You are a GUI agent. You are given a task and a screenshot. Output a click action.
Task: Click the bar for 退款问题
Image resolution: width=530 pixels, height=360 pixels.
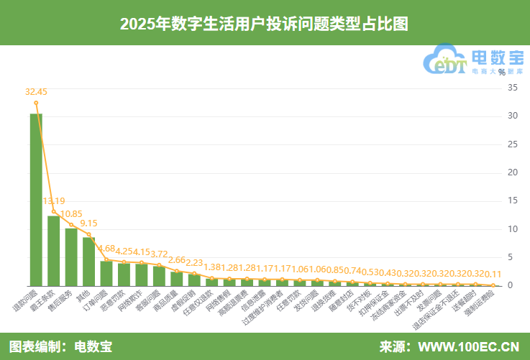tap(36, 200)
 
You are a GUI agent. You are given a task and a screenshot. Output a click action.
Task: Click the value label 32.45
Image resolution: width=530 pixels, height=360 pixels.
tap(36, 92)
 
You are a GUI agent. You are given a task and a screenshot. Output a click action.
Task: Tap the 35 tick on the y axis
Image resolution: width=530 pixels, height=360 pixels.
tap(512, 88)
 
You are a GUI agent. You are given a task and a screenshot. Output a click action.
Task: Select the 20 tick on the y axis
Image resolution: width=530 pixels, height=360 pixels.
tap(512, 172)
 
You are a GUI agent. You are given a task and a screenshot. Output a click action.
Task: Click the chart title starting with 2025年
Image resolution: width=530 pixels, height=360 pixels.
tap(265, 23)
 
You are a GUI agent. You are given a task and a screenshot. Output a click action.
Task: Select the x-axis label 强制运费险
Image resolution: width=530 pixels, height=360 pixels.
tap(482, 305)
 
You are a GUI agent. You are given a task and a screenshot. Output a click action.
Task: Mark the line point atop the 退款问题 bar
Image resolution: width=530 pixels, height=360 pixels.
tap(36, 102)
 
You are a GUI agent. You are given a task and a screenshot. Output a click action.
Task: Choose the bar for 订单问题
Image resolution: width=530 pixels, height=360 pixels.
tap(106, 273)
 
